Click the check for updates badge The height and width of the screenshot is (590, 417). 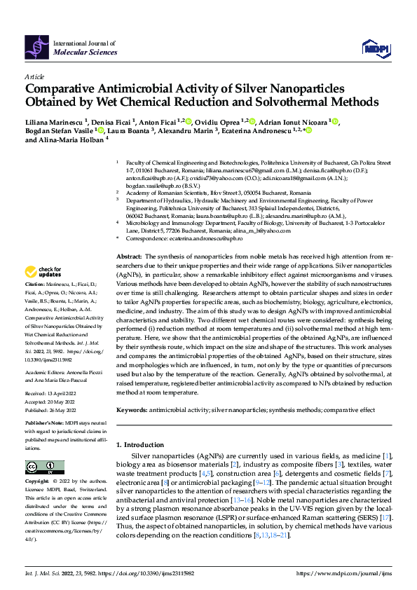click(x=43, y=271)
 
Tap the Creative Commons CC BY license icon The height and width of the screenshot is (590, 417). click(x=44, y=467)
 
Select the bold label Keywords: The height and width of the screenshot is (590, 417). click(x=132, y=409)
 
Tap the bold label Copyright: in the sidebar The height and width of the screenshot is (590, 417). click(x=37, y=482)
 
